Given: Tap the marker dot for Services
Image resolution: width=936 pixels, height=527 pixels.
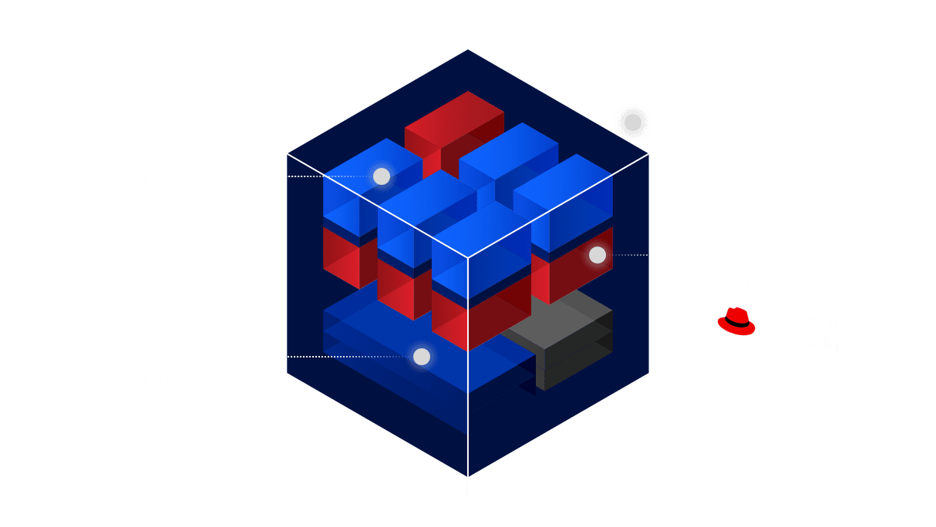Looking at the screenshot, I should click(632, 123).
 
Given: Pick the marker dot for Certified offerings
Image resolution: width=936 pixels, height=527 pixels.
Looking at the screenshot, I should click(381, 176).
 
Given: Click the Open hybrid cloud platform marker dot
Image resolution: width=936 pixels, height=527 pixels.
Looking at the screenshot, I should click(597, 255).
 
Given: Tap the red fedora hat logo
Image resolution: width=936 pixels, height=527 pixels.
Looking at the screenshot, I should click(736, 321).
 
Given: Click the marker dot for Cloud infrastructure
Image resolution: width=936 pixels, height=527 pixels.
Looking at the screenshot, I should click(421, 357).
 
